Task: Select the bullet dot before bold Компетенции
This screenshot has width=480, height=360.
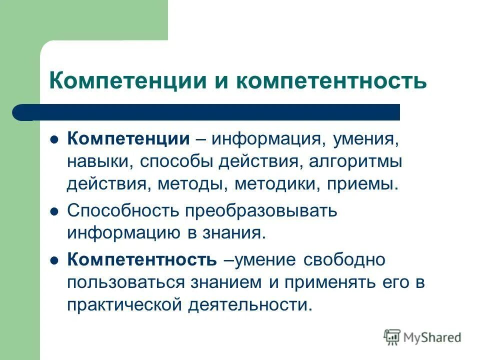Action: (55, 139)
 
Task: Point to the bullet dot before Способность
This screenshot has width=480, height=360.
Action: (55, 211)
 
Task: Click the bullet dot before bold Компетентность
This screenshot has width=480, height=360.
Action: (55, 260)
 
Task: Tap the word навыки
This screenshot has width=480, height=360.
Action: (99, 161)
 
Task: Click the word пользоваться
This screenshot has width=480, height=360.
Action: (124, 282)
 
